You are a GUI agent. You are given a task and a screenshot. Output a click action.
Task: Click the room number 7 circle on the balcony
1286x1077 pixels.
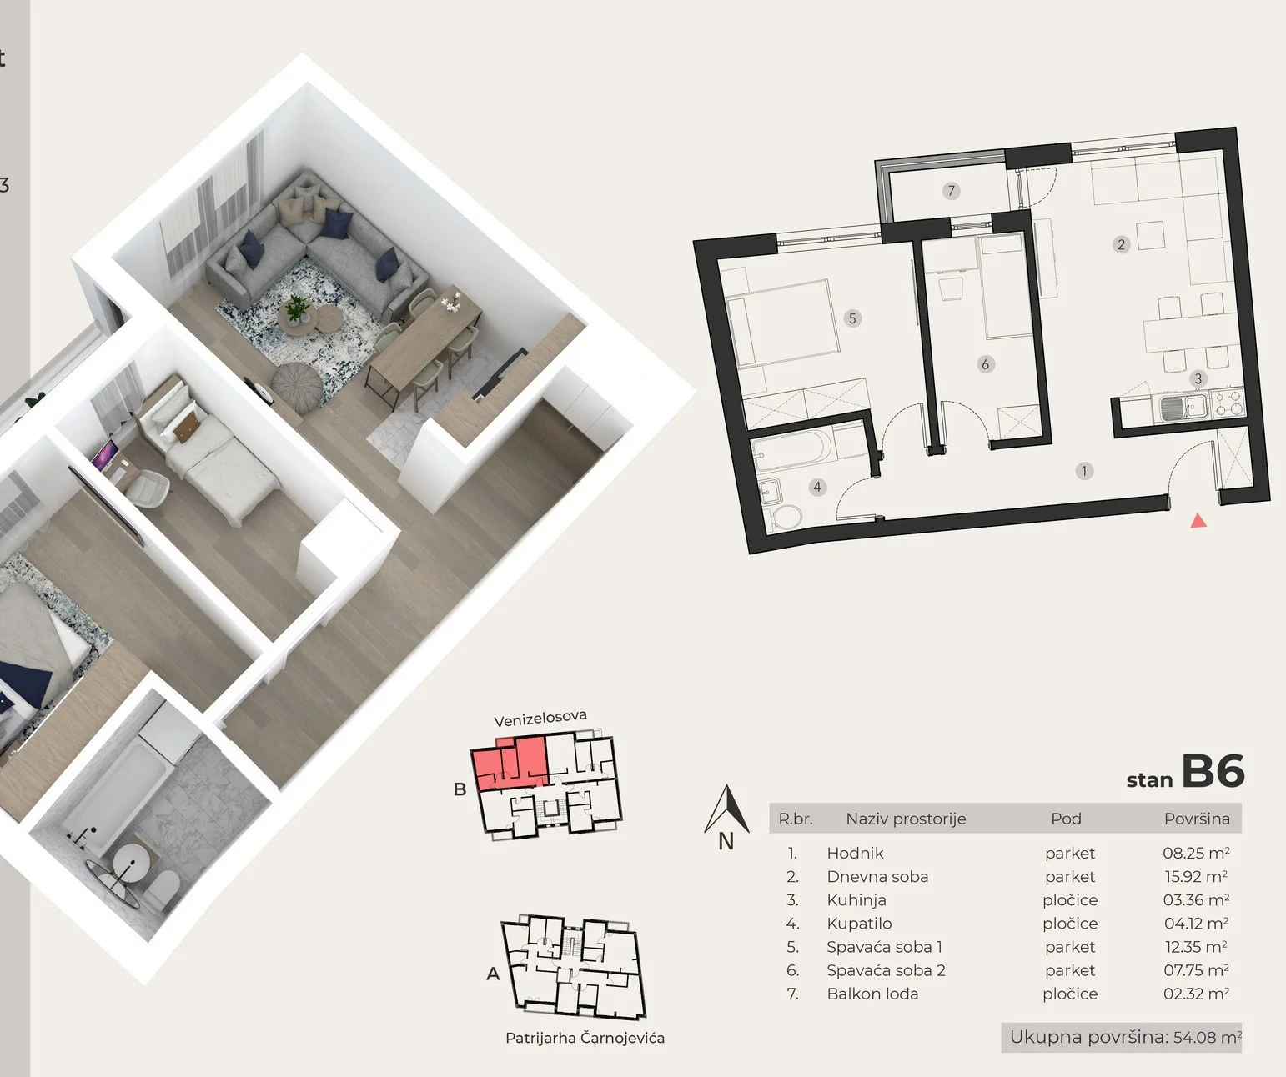click(x=951, y=191)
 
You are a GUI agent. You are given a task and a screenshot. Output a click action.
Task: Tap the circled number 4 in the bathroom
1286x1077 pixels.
click(x=817, y=487)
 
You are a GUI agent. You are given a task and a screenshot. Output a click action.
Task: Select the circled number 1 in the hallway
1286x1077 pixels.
click(x=1084, y=471)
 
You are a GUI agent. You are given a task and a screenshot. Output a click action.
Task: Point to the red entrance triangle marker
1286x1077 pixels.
click(x=1198, y=521)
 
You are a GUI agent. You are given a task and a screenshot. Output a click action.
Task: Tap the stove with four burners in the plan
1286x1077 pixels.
click(x=1227, y=403)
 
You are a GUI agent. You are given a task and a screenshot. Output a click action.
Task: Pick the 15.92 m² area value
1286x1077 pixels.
click(x=1195, y=875)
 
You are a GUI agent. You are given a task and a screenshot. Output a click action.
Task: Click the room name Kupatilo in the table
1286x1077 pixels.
click(x=859, y=923)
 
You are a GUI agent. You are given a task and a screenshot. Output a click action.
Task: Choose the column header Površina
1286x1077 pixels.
click(x=1197, y=819)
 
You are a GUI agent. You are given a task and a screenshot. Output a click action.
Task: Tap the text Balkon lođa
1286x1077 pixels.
click(x=872, y=994)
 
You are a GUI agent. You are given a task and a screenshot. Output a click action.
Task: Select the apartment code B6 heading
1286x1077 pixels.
click(x=1213, y=771)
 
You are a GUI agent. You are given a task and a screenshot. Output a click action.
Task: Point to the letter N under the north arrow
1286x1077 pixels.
click(x=726, y=841)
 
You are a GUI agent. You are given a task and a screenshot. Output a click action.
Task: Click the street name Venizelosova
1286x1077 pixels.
click(x=540, y=718)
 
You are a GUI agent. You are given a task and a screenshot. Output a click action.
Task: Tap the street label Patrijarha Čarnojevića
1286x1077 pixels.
click(x=585, y=1038)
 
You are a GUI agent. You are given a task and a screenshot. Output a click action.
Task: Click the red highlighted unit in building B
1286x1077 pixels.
click(x=510, y=763)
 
